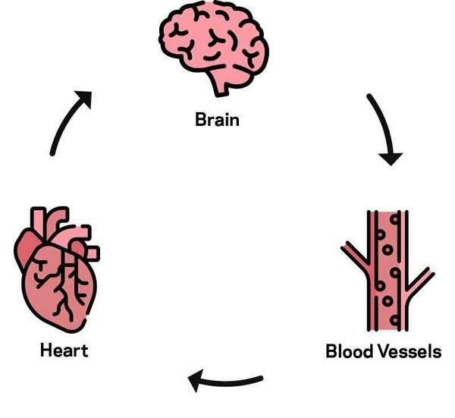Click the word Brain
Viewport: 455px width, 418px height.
click(217, 119)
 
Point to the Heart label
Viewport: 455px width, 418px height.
click(64, 350)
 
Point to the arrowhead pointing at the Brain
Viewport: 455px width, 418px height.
click(84, 99)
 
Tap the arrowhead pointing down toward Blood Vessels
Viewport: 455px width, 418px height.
click(391, 158)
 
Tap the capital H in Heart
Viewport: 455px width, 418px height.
click(45, 350)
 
